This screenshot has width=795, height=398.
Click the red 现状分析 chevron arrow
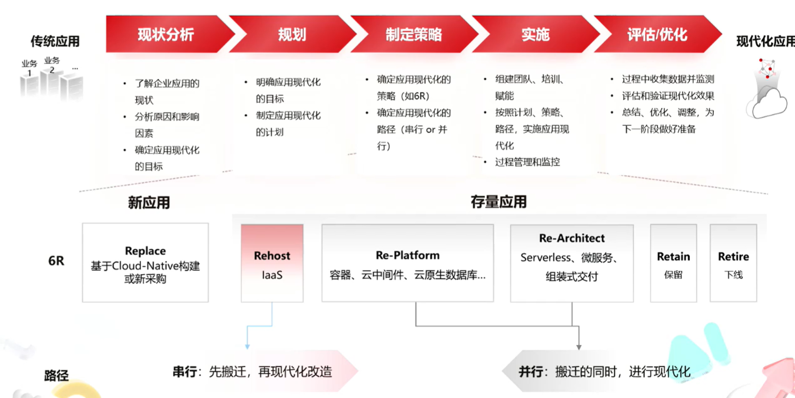click(165, 34)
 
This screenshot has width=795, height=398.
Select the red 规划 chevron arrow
click(291, 34)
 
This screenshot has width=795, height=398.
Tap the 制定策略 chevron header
click(413, 34)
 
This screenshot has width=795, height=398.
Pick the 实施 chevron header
click(535, 34)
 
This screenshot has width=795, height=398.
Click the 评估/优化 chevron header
click(657, 34)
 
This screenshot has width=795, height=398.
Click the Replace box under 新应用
click(145, 263)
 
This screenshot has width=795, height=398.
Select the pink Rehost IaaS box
click(272, 263)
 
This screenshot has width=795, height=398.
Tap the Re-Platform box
click(407, 263)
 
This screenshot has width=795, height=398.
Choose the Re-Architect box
click(572, 263)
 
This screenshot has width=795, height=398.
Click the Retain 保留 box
click(673, 263)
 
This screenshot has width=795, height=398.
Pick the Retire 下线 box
click(733, 263)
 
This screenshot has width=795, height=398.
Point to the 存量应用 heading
click(499, 202)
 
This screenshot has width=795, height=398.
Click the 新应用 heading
click(149, 203)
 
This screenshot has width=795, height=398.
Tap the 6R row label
click(56, 261)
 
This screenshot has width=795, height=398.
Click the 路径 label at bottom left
click(56, 375)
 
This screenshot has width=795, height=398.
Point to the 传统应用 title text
click(55, 41)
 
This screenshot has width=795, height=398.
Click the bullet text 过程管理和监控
click(527, 162)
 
